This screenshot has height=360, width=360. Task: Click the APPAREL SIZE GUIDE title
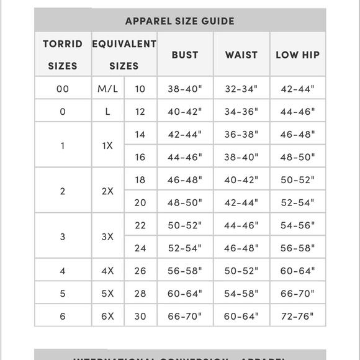point(180,21)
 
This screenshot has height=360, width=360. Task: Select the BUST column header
point(185,55)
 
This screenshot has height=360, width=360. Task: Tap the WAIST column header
point(241,55)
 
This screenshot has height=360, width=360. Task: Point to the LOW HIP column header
point(297,55)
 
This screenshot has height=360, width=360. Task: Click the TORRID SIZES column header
point(62,55)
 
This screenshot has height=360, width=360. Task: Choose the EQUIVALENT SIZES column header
point(124,55)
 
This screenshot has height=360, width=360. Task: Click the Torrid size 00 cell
point(62,89)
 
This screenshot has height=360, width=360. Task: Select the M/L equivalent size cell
point(108,89)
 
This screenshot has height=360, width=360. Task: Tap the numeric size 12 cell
point(140,112)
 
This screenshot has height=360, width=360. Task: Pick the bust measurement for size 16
point(185,158)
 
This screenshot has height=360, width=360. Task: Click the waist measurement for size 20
point(241,202)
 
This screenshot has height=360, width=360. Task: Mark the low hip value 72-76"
point(297,317)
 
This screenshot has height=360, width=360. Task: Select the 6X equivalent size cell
point(108,317)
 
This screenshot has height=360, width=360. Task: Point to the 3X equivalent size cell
point(108,237)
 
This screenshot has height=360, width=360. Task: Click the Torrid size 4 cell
point(62,271)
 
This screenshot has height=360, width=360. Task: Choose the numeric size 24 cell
point(140,248)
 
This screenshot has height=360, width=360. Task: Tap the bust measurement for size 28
point(185,294)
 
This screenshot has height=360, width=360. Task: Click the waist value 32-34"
point(241,89)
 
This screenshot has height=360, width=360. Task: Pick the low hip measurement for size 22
point(297,225)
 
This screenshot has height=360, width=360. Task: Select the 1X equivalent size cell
point(108,146)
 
